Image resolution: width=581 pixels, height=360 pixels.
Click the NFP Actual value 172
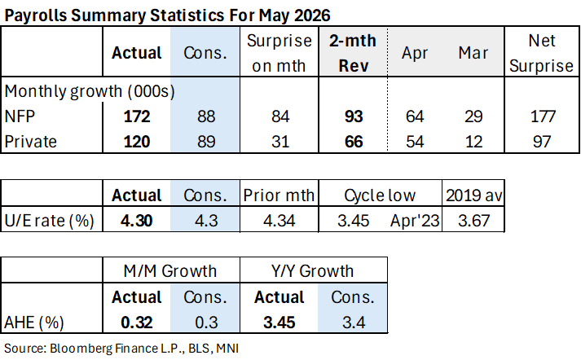(x=137, y=116)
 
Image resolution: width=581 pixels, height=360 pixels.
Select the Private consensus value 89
(x=206, y=142)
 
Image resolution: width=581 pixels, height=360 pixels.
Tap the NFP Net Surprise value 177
(x=543, y=116)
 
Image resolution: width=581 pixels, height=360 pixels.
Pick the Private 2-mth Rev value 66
(x=354, y=142)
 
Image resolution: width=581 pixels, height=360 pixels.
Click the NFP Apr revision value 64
(x=415, y=116)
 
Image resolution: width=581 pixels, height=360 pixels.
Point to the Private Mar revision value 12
(x=473, y=142)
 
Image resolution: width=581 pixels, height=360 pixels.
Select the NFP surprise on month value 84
(x=280, y=116)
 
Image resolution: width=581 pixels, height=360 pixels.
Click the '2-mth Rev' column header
(x=353, y=53)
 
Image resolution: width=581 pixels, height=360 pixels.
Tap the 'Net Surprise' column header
(x=541, y=53)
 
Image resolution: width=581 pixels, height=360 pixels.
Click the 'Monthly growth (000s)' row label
(x=90, y=91)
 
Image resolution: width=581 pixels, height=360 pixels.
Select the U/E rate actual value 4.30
(x=136, y=221)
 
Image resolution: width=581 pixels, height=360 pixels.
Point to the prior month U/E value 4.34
(x=279, y=221)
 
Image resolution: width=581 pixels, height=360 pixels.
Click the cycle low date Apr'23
(x=415, y=221)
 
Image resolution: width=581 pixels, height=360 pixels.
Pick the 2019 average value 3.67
(x=474, y=221)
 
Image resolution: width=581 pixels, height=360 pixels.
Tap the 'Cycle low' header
(x=380, y=195)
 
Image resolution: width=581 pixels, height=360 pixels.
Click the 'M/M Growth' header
(x=170, y=271)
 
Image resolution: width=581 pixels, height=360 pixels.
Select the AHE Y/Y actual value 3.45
(x=279, y=323)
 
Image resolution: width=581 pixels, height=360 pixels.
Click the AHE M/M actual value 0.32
(x=136, y=323)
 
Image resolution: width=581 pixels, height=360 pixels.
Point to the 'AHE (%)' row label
(x=34, y=323)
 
